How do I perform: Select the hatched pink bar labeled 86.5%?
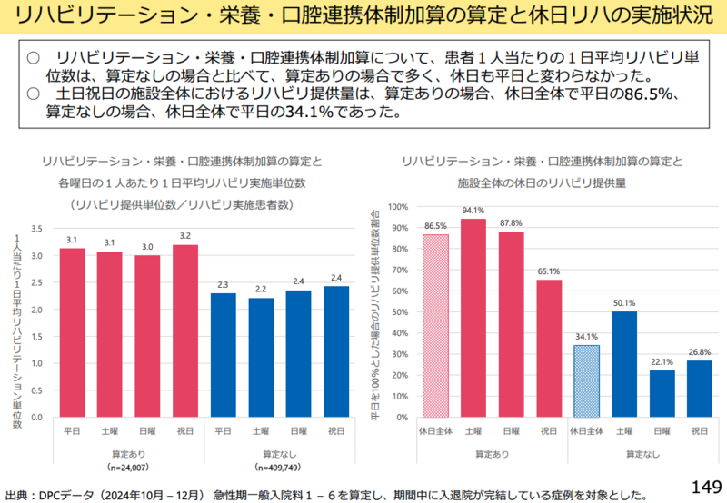pyautogui.click(x=435, y=326)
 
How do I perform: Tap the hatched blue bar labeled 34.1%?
pyautogui.click(x=586, y=381)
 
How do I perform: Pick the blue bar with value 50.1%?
pyautogui.click(x=623, y=364)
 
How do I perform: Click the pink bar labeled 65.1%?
pyautogui.click(x=549, y=349)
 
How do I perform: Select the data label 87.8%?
pyautogui.click(x=511, y=223)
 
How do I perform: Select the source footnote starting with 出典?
pyautogui.click(x=327, y=495)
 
